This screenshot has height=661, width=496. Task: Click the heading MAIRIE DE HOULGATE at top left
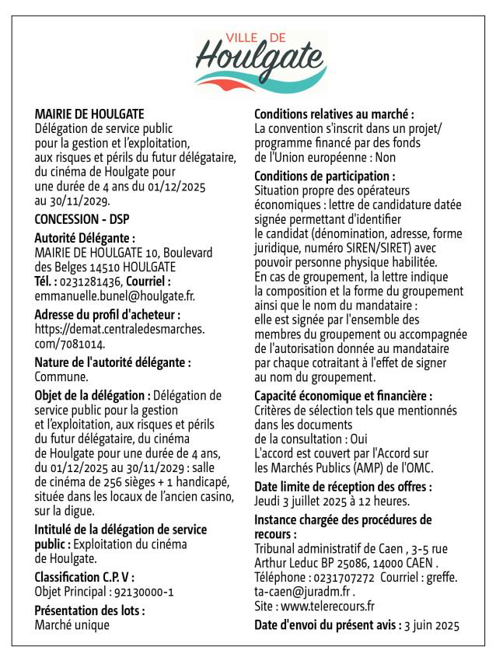pyautogui.click(x=89, y=114)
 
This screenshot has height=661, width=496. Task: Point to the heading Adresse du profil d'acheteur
pyautogui.click(x=107, y=314)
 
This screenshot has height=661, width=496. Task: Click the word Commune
pyautogui.click(x=61, y=377)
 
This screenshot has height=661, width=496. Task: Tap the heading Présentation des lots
pyautogui.click(x=89, y=610)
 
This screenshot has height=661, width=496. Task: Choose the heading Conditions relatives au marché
pyautogui.click(x=334, y=114)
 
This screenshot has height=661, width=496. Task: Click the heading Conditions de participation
pyautogui.click(x=325, y=177)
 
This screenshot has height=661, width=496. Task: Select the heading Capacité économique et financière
pyautogui.click(x=344, y=396)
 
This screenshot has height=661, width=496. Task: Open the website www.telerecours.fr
pyautogui.click(x=328, y=607)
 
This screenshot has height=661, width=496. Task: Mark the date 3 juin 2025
pyautogui.click(x=433, y=624)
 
